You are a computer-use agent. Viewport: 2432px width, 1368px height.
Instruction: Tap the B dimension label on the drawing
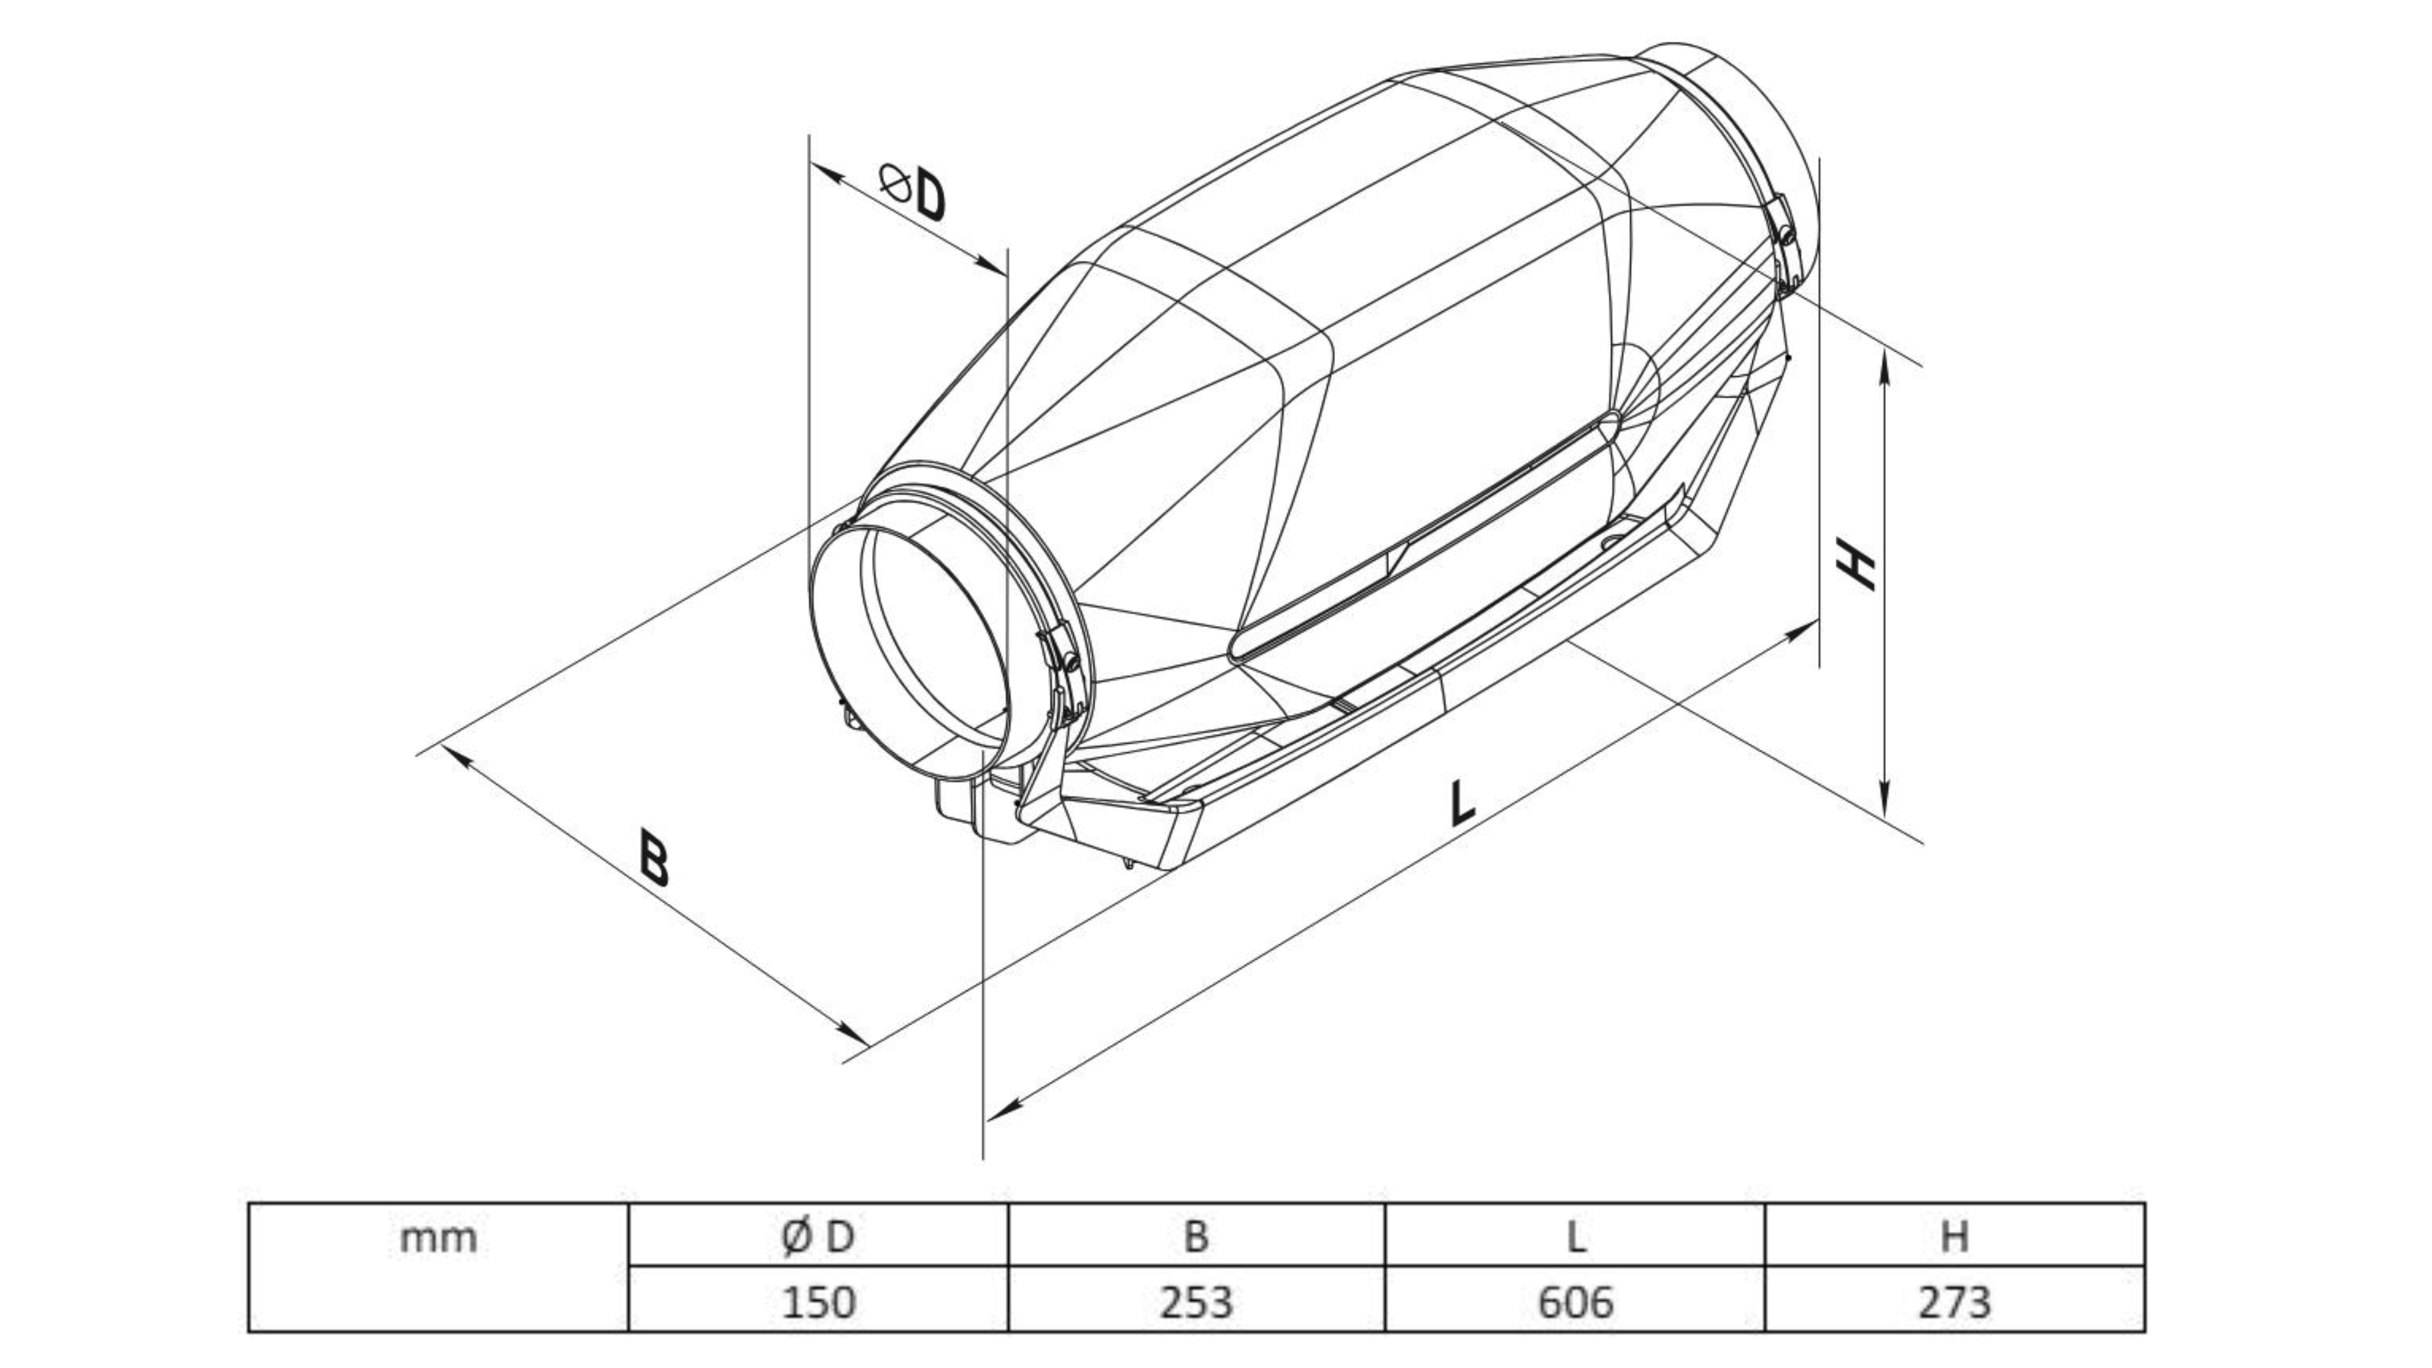pos(654,858)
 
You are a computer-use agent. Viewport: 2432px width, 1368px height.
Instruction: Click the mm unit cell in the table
pos(438,1238)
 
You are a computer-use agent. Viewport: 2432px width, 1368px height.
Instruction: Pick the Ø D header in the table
pos(818,1236)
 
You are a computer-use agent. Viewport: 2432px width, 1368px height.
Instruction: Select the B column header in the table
pos(1196,1236)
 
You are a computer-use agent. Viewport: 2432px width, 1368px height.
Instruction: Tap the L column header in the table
pos(1576,1236)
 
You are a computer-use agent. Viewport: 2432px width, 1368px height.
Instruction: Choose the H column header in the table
pos(1954,1236)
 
